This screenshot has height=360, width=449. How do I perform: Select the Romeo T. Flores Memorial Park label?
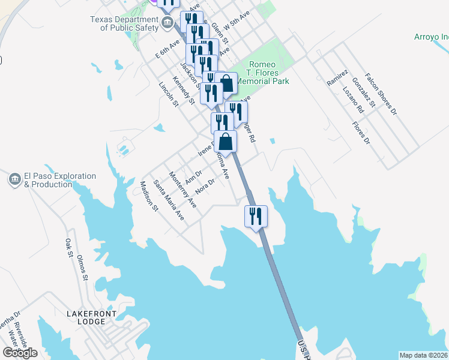262,73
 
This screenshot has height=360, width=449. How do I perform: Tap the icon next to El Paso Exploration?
14,179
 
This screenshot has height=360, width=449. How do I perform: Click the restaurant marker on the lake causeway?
255,216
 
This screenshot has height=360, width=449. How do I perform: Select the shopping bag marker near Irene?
225,142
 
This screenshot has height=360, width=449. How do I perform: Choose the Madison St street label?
148,196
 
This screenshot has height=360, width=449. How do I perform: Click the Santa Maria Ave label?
169,200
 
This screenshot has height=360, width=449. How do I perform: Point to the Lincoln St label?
169,95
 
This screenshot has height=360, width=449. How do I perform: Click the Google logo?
20,353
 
